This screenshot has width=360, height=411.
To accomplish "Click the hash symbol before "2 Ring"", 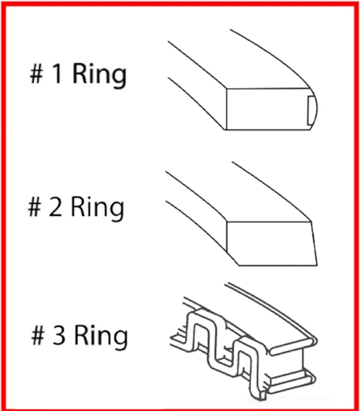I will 35,207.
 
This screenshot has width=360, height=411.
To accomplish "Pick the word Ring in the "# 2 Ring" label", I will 97,208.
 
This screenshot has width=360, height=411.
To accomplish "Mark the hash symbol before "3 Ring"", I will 39,336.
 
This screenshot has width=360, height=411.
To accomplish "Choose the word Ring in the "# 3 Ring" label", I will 101,337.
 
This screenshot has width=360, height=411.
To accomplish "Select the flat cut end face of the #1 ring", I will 265,109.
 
